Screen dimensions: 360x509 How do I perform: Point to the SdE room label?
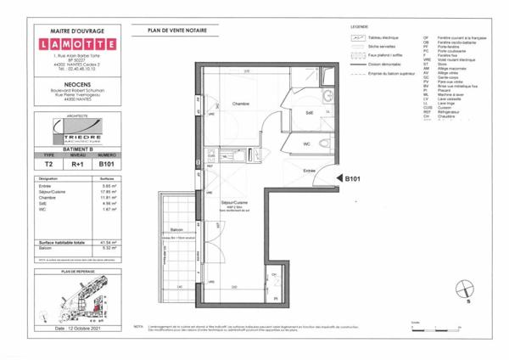tap(285, 112)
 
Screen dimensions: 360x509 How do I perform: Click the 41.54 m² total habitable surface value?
tap(103, 243)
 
